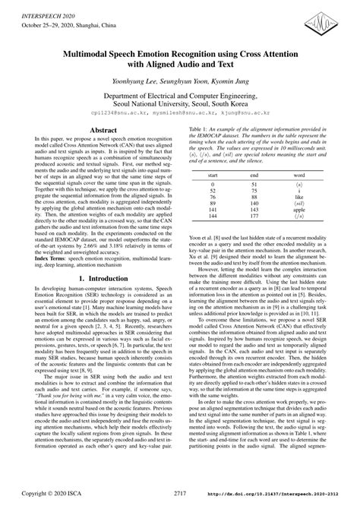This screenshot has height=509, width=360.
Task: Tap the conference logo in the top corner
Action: pos(331,17)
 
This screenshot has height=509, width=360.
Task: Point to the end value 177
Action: pos(254,215)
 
